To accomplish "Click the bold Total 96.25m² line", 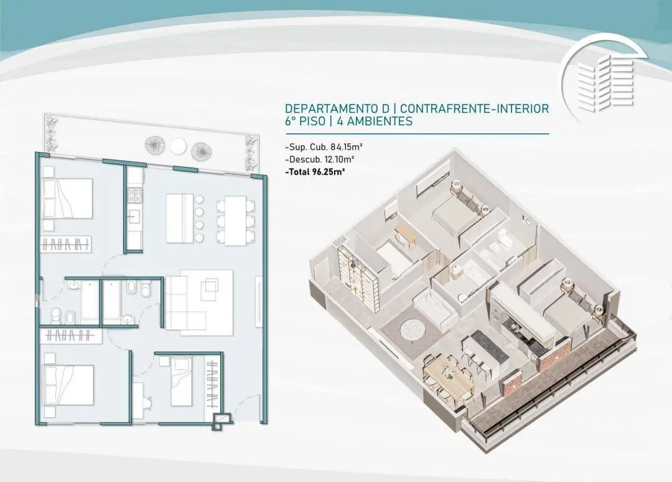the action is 315,172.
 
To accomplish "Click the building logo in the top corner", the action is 604,80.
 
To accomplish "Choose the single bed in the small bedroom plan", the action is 181,382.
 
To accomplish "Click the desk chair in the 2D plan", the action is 148,404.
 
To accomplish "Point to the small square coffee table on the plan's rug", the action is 212,286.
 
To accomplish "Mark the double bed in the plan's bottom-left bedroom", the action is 68,385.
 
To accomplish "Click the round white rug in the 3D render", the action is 413,330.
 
